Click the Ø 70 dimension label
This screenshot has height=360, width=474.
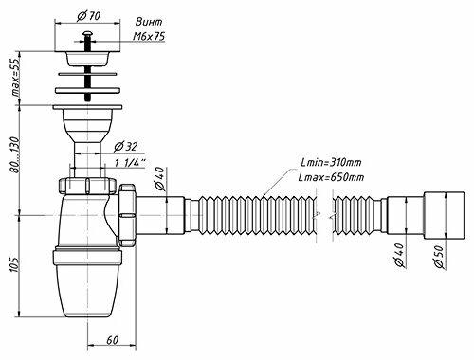click(88, 16)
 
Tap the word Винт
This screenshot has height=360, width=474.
click(149, 22)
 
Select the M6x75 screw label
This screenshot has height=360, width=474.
click(149, 37)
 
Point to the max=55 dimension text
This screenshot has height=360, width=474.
click(16, 77)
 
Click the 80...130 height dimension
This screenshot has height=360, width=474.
click(15, 154)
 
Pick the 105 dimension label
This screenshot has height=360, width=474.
click(15, 264)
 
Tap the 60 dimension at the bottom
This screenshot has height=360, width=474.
click(112, 340)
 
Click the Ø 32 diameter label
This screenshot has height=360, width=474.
click(126, 147)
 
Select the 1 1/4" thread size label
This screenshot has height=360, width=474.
click(130, 163)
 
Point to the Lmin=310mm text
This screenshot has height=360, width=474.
click(331, 163)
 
